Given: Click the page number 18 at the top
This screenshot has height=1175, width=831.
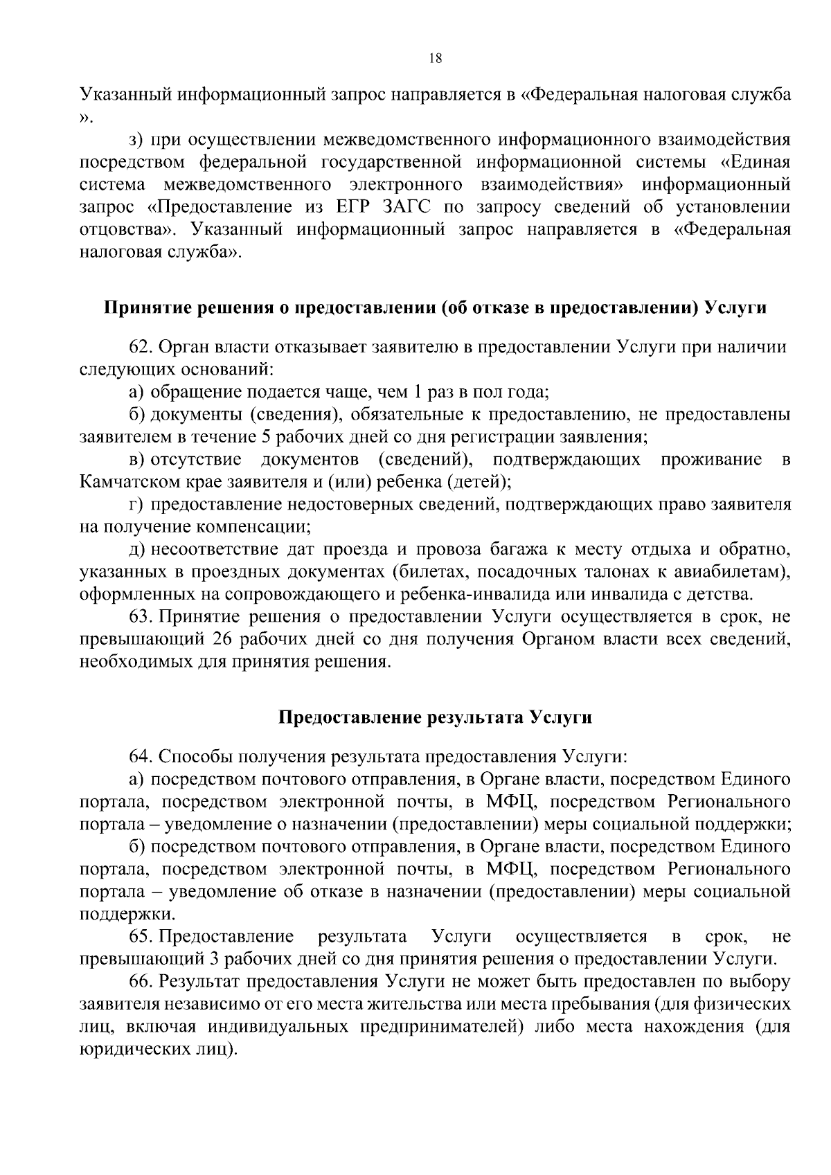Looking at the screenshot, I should pos(435,59).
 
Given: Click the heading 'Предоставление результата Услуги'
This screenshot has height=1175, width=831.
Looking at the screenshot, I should pos(435,717).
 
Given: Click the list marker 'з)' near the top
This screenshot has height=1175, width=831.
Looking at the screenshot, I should pos(136,140).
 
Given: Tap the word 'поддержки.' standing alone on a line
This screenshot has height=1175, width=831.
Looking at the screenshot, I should pos(117,915).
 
